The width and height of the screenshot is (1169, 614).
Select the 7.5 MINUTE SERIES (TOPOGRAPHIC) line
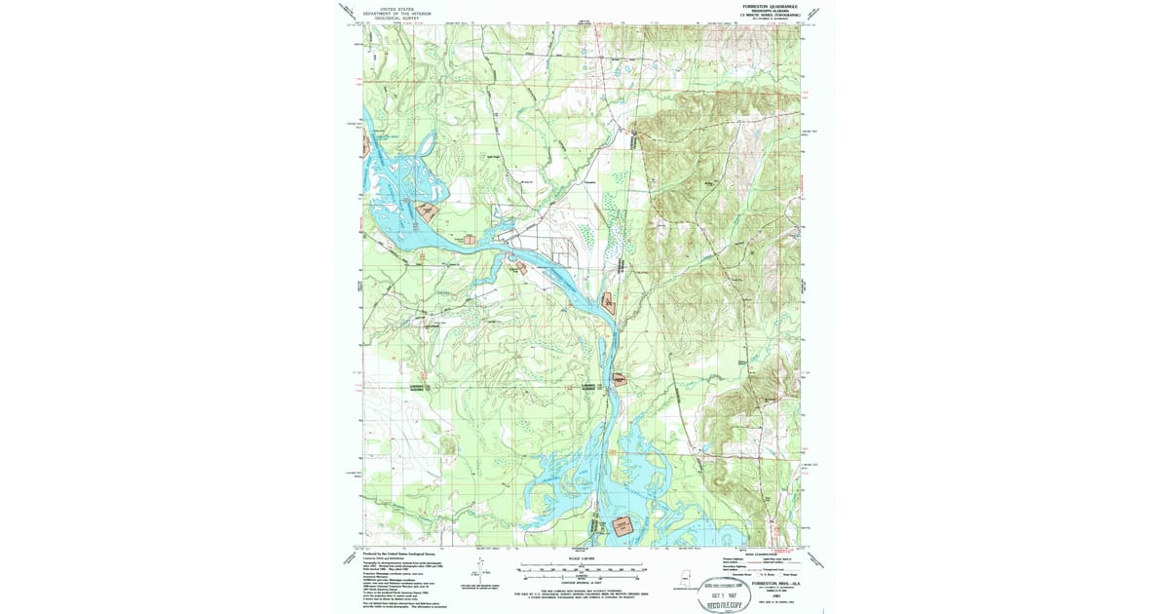(x=770, y=15)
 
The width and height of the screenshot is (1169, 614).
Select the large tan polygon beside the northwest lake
(x=427, y=209)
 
